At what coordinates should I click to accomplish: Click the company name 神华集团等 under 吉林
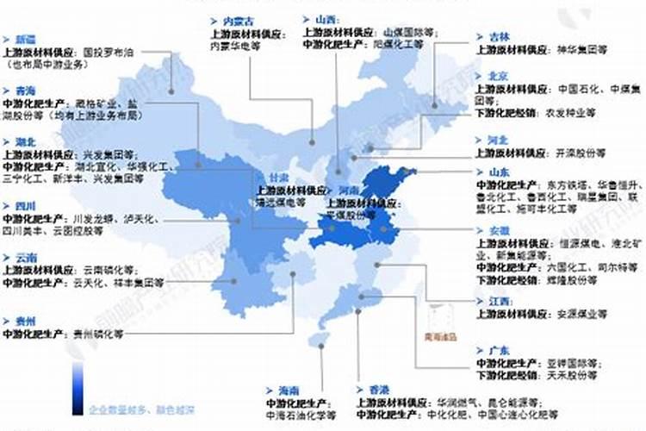pos(582,50)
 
